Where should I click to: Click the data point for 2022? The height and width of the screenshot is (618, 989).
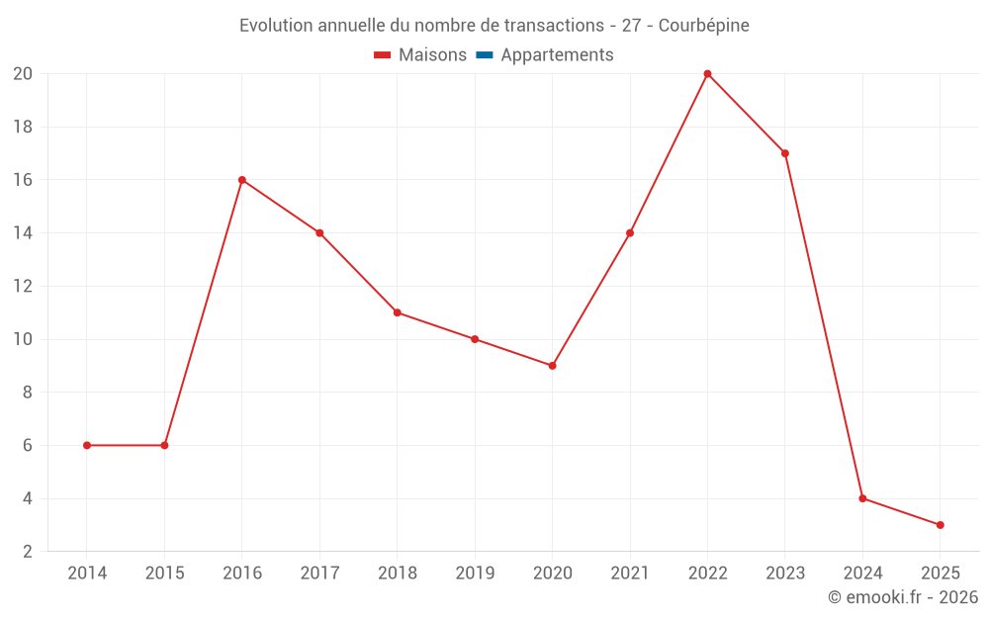pos(707,73)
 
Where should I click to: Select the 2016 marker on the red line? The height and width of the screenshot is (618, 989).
pos(242,180)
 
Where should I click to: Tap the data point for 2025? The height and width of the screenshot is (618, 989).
pos(940,525)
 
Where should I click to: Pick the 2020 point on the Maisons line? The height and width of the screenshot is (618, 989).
pos(552,366)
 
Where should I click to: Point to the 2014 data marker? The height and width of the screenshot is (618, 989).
pos(87,445)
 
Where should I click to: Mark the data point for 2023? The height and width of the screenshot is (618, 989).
pos(784,153)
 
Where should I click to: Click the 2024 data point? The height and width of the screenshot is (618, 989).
pos(862,498)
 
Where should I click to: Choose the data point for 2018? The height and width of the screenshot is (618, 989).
pos(397,312)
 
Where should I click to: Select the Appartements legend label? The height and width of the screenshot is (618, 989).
pos(557,55)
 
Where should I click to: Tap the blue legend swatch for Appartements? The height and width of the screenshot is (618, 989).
pos(485,55)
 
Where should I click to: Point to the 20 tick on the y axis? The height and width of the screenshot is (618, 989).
pos(23,74)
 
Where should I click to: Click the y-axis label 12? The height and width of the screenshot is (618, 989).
pos(23,287)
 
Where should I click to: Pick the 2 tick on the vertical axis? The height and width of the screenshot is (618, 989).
pos(29,552)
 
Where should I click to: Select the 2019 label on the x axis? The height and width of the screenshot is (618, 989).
pos(475,574)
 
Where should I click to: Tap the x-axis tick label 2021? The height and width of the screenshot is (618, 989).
pos(630,574)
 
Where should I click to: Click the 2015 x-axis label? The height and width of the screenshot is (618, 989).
pos(164,574)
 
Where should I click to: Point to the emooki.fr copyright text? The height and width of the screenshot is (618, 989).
pos(903,597)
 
